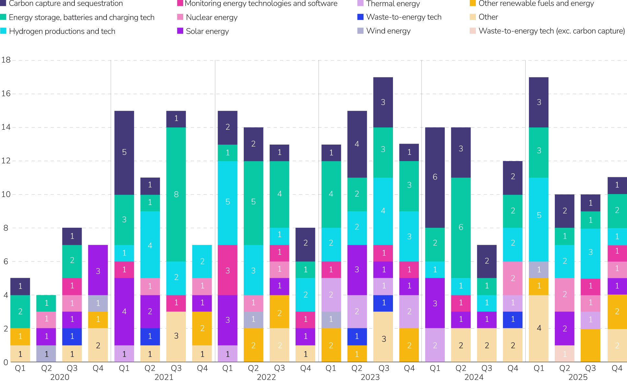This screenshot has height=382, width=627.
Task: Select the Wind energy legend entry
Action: click(x=388, y=31)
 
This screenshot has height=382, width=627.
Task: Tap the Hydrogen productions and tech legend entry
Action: click(x=62, y=31)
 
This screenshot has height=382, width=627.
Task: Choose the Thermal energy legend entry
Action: click(x=393, y=4)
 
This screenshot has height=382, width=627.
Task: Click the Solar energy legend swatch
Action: click(x=180, y=31)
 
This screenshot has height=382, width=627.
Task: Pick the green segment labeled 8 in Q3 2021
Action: click(x=176, y=194)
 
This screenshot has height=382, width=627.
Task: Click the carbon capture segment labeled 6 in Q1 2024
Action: click(x=435, y=177)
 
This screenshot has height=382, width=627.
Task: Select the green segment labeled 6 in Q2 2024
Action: click(x=461, y=227)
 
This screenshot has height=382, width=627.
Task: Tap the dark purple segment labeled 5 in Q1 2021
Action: click(x=124, y=152)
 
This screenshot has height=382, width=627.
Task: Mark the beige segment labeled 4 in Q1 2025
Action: click(x=539, y=328)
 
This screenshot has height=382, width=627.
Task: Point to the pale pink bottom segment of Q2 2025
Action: click(x=565, y=354)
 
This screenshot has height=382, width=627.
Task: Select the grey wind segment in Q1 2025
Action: click(x=539, y=270)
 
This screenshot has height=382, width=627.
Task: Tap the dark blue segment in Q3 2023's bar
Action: click(x=383, y=303)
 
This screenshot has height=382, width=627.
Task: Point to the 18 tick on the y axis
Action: click(x=6, y=60)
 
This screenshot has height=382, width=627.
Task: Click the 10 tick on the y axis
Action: click(x=6, y=194)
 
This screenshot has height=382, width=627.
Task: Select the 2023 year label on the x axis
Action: click(x=370, y=377)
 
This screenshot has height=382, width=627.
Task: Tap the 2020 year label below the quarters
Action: click(x=60, y=377)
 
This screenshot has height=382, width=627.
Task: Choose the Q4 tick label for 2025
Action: click(x=617, y=368)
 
